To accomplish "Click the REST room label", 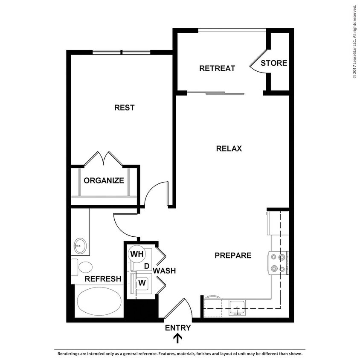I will point(124,107).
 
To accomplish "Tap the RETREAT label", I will point(217,68).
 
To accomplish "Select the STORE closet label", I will point(274,63).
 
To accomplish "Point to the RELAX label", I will point(229,148).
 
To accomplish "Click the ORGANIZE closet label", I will point(104,180).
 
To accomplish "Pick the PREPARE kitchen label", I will point(233,255).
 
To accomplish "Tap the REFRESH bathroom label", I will point(103,279).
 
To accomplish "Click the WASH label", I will point(164,270).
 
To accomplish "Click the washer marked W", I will point(142,282).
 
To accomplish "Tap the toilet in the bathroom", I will point(83,267).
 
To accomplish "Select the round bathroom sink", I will point(79,246).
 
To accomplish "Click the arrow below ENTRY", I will point(178,339).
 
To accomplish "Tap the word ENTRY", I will point(178,328).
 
